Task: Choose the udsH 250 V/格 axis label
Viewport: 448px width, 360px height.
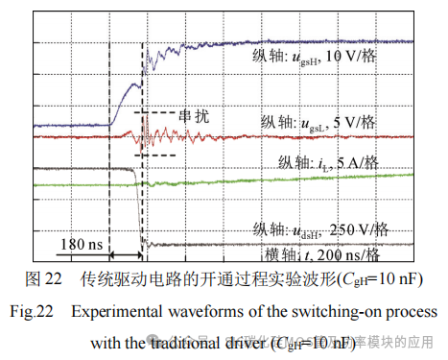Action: click(x=320, y=229)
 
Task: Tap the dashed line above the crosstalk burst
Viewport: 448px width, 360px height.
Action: click(x=158, y=113)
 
